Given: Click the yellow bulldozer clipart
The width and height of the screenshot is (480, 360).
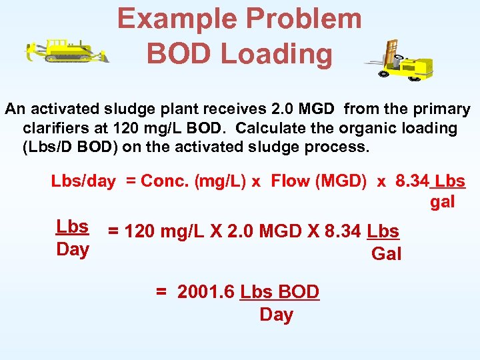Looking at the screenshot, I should [x=67, y=51].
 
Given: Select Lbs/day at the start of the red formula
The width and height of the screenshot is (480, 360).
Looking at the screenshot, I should [x=83, y=181].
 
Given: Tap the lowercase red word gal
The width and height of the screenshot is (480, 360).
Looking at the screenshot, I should [x=442, y=201].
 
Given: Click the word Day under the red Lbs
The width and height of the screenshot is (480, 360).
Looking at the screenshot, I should [x=73, y=249].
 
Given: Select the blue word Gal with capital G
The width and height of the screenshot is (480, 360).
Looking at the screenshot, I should [x=386, y=253].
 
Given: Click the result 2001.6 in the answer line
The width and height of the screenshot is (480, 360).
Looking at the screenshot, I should [x=206, y=292].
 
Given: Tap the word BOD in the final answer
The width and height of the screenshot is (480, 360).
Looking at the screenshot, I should [x=299, y=292].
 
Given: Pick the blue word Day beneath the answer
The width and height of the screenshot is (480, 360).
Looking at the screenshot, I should [x=276, y=314].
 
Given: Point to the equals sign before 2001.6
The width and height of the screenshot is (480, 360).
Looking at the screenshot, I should [x=161, y=292].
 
